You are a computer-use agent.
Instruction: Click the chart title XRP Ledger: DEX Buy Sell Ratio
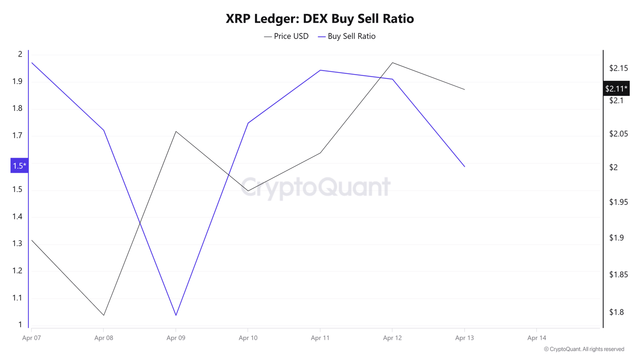click(320, 19)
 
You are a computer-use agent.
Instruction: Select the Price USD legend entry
click(286, 36)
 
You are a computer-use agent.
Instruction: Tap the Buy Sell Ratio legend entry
click(346, 36)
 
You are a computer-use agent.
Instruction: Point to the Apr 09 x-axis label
click(176, 338)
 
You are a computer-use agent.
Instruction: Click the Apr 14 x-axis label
click(536, 338)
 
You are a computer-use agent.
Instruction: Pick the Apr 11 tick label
click(320, 338)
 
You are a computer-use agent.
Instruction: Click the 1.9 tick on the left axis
click(17, 82)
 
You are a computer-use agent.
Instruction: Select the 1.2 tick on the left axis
click(17, 270)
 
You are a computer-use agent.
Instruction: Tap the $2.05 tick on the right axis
click(618, 134)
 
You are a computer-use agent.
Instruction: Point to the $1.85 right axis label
click(618, 274)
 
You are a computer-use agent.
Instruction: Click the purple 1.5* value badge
click(20, 166)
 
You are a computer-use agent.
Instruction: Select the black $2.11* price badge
click(616, 88)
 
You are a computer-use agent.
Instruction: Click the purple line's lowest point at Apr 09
click(176, 316)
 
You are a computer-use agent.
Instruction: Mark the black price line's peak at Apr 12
click(392, 62)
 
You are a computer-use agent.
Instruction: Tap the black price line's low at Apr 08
click(104, 316)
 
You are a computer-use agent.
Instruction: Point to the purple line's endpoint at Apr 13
click(464, 166)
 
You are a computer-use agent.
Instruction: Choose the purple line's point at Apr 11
click(320, 70)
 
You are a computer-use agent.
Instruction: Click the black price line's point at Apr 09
click(176, 132)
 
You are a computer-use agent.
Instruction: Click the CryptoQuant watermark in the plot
click(316, 188)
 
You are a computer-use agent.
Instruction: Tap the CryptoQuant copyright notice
click(584, 349)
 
